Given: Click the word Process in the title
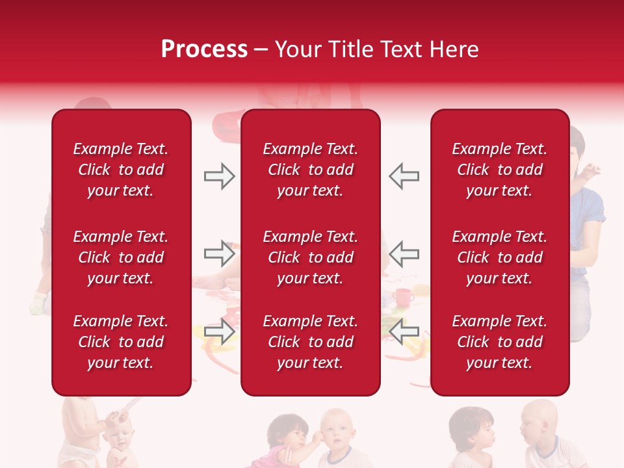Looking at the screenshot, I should pyautogui.click(x=204, y=49).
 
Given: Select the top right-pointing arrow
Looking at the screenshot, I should pyautogui.click(x=219, y=176).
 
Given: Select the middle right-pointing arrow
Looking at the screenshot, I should pyautogui.click(x=219, y=253).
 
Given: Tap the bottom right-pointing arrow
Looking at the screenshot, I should pyautogui.click(x=219, y=331).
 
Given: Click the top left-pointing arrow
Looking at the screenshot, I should pyautogui.click(x=404, y=176).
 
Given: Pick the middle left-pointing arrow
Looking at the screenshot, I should pyautogui.click(x=404, y=253).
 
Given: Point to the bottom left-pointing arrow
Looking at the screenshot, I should pyautogui.click(x=404, y=331).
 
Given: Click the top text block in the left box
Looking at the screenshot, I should pyautogui.click(x=121, y=170).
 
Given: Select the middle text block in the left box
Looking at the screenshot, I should pyautogui.click(x=121, y=257).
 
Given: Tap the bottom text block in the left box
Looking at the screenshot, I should pyautogui.click(x=121, y=342).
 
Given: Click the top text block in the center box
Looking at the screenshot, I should pyautogui.click(x=310, y=170).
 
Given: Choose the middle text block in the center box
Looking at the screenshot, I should pyautogui.click(x=310, y=257).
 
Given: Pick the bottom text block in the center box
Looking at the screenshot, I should pyautogui.click(x=310, y=342).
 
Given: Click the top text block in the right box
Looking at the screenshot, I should pyautogui.click(x=499, y=170).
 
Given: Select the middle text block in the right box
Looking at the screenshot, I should pyautogui.click(x=499, y=257).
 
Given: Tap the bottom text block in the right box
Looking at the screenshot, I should pyautogui.click(x=499, y=342).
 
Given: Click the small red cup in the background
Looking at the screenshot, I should pyautogui.click(x=402, y=298).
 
